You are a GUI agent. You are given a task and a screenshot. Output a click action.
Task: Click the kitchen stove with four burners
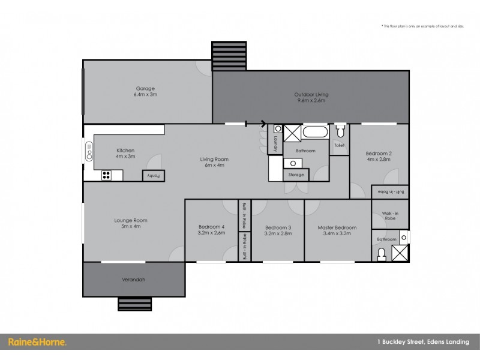point(107,175)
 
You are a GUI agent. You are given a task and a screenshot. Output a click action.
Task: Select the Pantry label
point(153,175)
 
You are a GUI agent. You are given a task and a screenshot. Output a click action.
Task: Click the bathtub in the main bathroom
point(315,132)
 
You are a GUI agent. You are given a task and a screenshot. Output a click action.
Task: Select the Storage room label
point(296,175)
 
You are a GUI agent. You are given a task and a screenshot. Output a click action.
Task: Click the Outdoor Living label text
point(311,95)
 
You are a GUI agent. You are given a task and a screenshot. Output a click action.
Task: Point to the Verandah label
point(133,280)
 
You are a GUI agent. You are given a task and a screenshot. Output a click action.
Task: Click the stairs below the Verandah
point(134,304)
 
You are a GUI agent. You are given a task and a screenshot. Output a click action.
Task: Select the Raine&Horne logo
point(37,342)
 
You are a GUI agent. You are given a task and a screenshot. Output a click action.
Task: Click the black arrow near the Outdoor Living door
point(263,124)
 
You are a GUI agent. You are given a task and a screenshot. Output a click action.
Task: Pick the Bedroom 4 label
point(211,227)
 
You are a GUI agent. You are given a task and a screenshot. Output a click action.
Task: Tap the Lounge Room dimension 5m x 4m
point(131,226)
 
